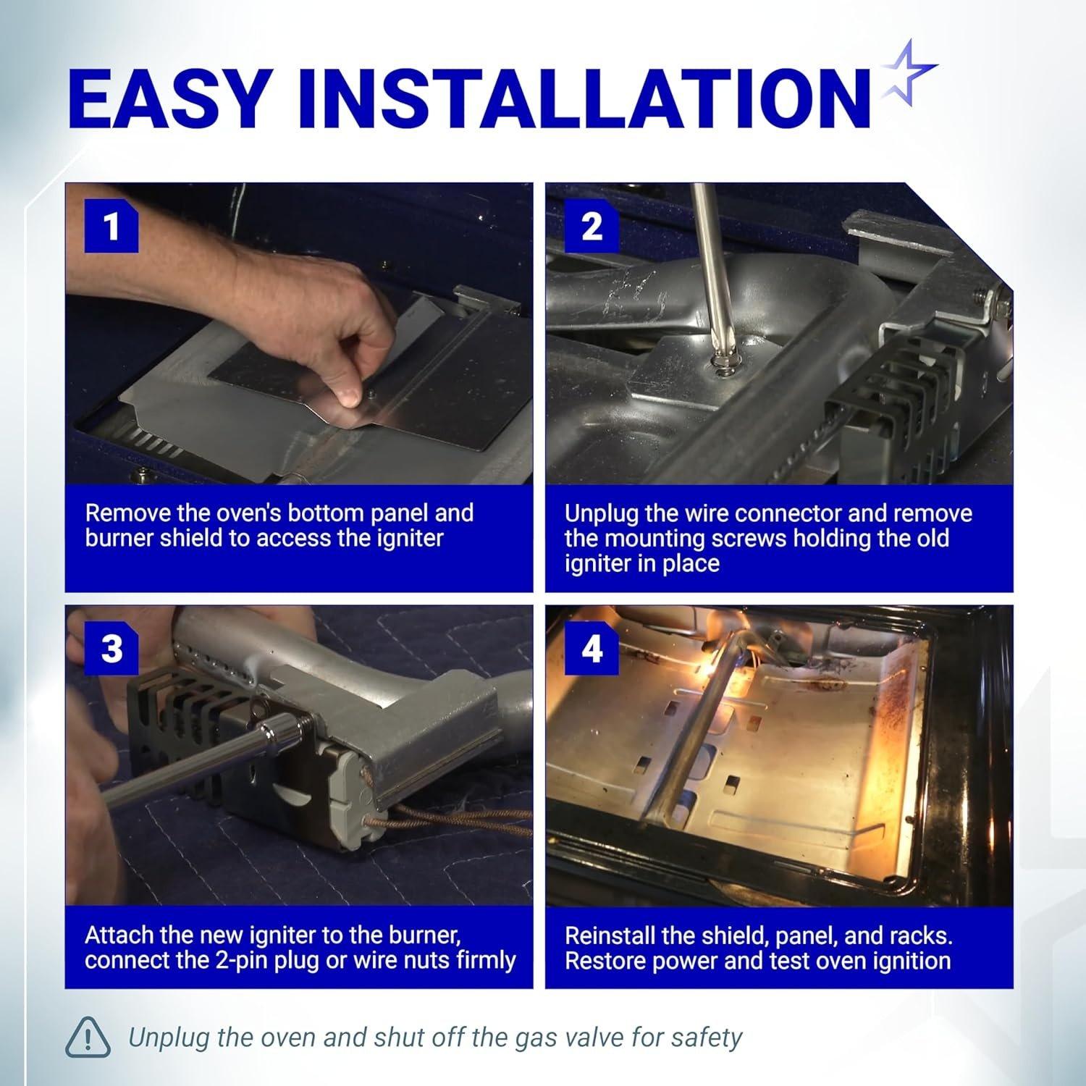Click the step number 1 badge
click(x=111, y=227)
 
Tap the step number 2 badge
click(x=592, y=227)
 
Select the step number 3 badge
click(x=111, y=648)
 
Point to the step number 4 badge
click(x=592, y=648)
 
